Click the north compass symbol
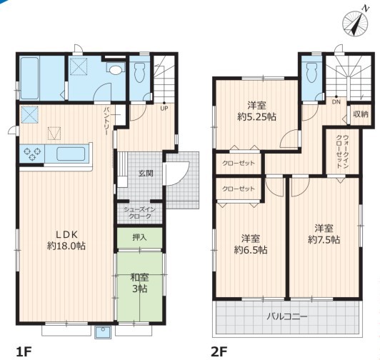(355, 24)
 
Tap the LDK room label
(66, 240)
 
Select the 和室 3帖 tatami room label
(139, 283)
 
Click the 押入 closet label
(139, 237)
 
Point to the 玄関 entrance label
(146, 174)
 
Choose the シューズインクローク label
(139, 213)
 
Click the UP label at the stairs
(164, 109)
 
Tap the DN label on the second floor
(336, 102)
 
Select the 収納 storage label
(361, 114)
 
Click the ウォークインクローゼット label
(342, 151)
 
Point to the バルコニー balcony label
(287, 316)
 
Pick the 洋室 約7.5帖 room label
(324, 234)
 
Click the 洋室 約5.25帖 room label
(256, 111)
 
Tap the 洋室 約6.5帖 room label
(251, 244)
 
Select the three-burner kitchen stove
(32, 153)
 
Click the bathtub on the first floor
(29, 78)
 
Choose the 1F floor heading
(24, 351)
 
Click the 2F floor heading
(219, 351)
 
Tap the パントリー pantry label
(106, 121)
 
